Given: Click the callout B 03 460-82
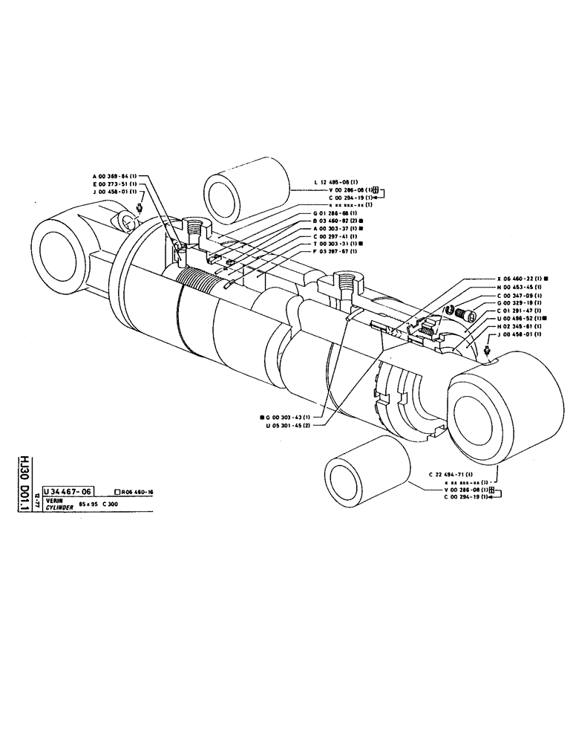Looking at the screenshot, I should point(335,221).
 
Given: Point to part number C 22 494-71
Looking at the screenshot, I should point(452,474).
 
